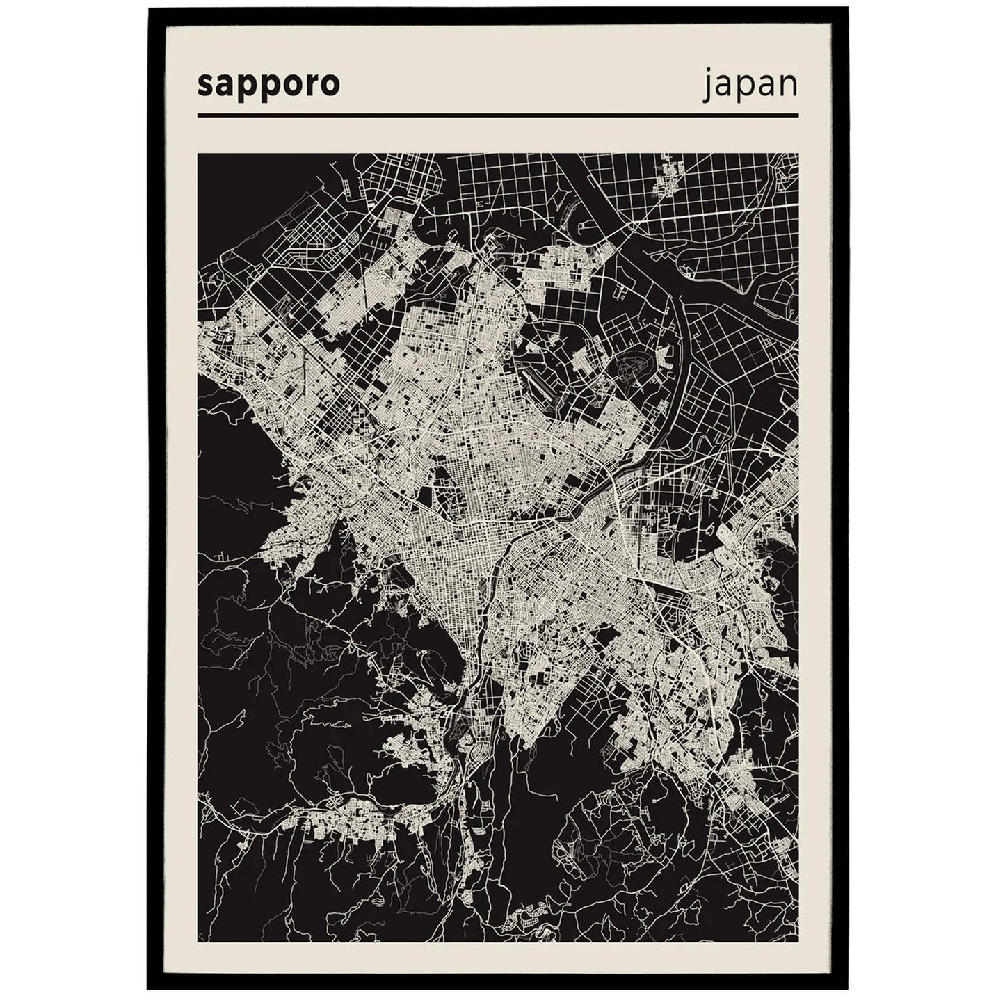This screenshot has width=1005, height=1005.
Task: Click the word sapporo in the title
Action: pos(268,84)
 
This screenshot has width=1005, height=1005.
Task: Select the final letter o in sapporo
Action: pos(330,85)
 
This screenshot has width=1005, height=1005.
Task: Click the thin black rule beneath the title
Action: pos(497,115)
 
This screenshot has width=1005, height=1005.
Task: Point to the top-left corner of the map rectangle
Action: pos(198,154)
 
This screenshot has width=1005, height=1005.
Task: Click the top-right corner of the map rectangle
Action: pos(798,154)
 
